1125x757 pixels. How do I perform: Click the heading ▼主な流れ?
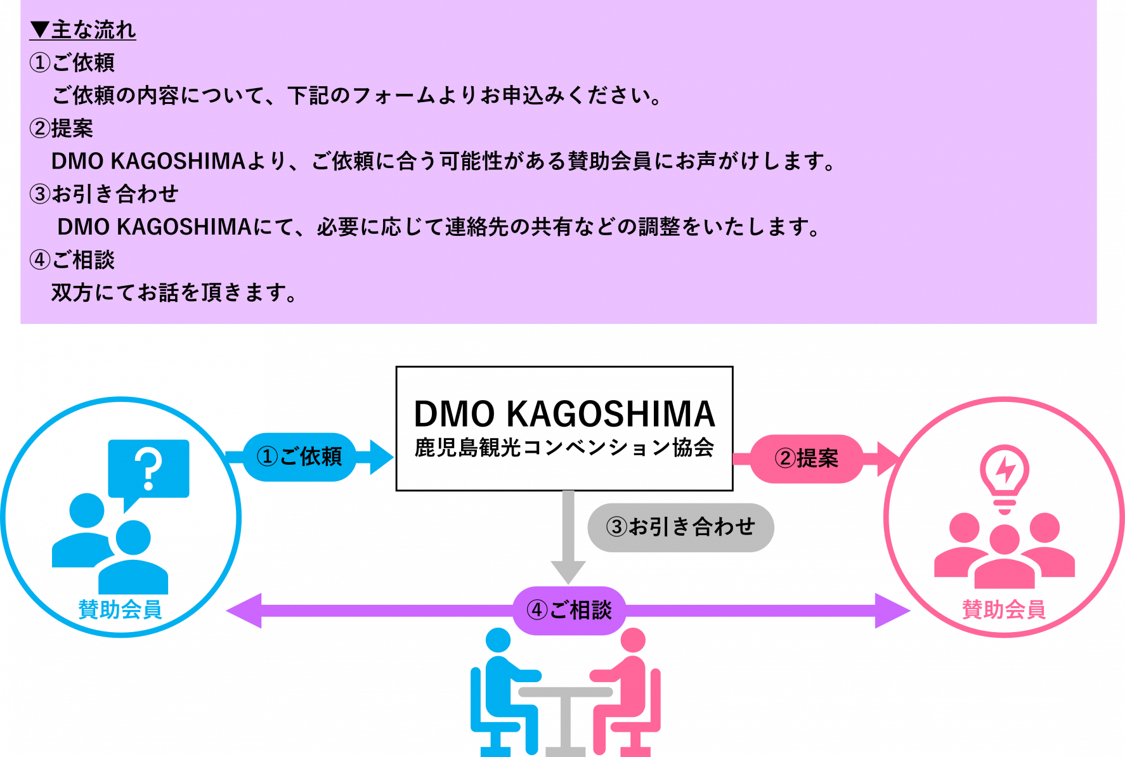(83, 30)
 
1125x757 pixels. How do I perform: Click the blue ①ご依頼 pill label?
(299, 456)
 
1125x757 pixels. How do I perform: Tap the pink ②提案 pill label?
(807, 458)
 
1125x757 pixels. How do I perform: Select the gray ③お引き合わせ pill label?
(680, 527)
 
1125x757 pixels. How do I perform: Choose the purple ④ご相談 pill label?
(569, 610)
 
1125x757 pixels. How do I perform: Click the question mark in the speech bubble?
(149, 468)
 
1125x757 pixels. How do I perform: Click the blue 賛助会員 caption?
(120, 609)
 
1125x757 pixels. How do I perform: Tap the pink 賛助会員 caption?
(1003, 609)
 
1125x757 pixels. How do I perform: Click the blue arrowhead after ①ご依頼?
(380, 457)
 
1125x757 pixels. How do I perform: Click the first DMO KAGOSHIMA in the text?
(148, 162)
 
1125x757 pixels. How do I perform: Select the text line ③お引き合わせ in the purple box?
(104, 194)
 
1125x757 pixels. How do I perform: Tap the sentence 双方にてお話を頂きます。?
(174, 293)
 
